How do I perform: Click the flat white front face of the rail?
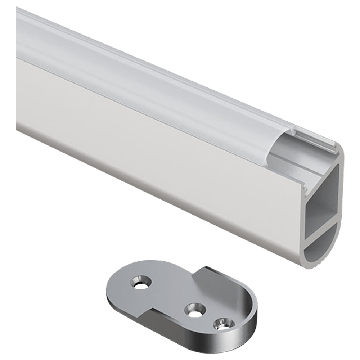[x=144, y=144]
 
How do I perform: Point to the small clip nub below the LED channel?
[x=305, y=188]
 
